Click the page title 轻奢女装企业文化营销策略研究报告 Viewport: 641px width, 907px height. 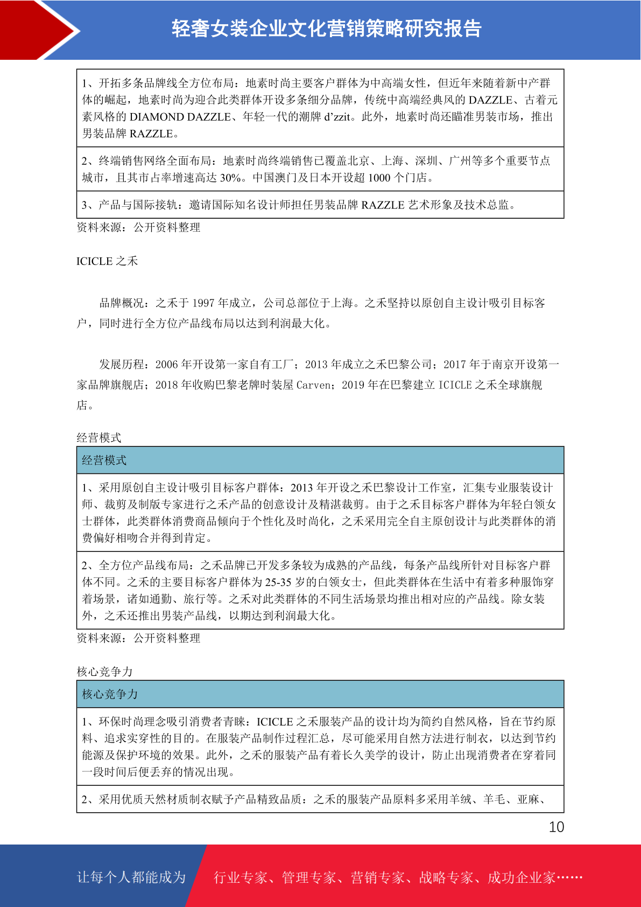326,29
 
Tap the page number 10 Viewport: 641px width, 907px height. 556,827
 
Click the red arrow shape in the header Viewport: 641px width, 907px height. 38,30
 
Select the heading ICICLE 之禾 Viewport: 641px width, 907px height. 107,261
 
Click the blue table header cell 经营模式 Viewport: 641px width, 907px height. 104,461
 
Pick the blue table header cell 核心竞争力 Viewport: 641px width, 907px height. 110,694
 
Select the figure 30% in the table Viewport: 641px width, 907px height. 230,178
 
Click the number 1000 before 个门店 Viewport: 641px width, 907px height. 379,178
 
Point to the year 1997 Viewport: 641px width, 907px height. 203,303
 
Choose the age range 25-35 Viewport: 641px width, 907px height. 279,582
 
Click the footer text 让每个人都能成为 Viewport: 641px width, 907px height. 131,877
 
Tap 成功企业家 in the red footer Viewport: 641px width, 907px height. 521,878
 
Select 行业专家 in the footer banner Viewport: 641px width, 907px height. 241,878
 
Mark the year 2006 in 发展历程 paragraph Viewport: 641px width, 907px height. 166,365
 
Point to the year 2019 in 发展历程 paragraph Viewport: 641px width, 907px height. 353,385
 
